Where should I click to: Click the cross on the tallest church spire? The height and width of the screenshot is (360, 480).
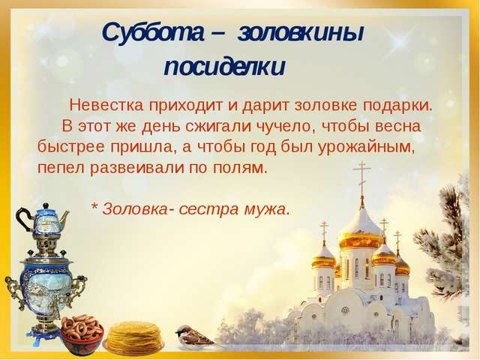click(361, 175)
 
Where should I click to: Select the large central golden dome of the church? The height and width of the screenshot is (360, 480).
click(360, 225)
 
